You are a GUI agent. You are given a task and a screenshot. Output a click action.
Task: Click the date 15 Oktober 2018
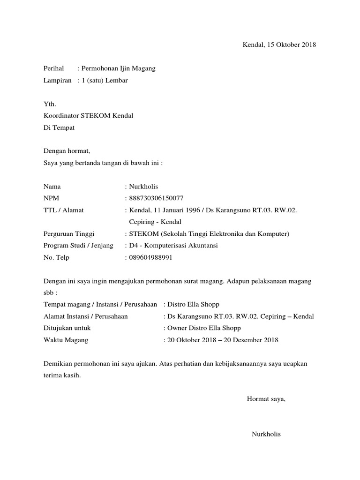tap(292, 45)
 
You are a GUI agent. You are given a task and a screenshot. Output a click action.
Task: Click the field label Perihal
tap(53, 68)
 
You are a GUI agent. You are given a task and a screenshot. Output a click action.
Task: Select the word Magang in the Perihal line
tap(143, 68)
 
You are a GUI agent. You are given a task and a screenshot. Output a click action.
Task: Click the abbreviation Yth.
tap(49, 104)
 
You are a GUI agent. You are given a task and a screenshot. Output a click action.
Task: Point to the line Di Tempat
tap(59, 127)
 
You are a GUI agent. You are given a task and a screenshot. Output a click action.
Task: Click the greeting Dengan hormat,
tap(66, 151)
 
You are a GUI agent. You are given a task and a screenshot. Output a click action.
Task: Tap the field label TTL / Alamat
tap(63, 210)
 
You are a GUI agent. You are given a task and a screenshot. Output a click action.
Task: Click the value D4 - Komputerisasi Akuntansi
tap(174, 245)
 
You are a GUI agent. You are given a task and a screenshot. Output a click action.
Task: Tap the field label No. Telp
tap(56, 257)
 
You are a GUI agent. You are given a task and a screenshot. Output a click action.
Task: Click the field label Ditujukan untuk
tap(67, 328)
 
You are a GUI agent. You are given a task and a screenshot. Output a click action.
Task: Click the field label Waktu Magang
tap(66, 340)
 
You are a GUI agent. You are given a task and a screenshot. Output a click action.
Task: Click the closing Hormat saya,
tap(266, 399)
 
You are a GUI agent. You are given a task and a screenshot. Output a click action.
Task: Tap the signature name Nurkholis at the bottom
tap(266, 434)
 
